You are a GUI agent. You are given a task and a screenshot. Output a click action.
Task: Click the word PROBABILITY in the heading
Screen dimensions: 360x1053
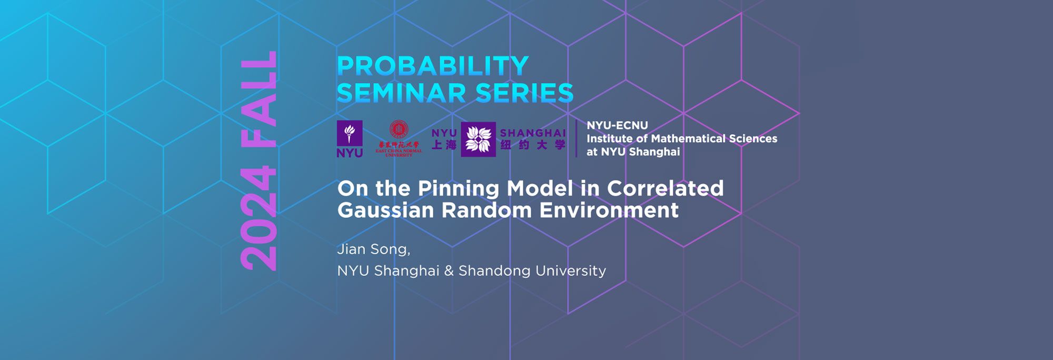pyautogui.click(x=432, y=66)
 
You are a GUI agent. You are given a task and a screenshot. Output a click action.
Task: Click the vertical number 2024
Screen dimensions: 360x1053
pyautogui.click(x=258, y=218)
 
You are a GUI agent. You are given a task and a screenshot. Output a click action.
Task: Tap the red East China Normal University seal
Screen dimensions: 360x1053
pyautogui.click(x=399, y=130)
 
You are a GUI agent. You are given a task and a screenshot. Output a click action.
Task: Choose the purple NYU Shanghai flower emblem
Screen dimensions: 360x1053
pyautogui.click(x=478, y=139)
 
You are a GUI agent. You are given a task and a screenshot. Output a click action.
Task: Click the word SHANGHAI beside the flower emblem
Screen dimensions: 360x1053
pyautogui.click(x=533, y=133)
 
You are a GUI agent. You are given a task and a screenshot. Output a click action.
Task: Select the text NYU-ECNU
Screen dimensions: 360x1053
pyautogui.click(x=617, y=125)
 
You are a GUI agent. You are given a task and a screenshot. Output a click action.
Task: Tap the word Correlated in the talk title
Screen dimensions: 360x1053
pyautogui.click(x=665, y=188)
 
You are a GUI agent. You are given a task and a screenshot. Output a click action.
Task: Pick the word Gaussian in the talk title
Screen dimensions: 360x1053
pyautogui.click(x=385, y=211)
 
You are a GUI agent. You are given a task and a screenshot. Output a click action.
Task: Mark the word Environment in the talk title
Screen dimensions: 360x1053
pyautogui.click(x=609, y=211)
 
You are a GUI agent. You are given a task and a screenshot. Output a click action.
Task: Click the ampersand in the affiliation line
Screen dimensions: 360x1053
pyautogui.click(x=449, y=271)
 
